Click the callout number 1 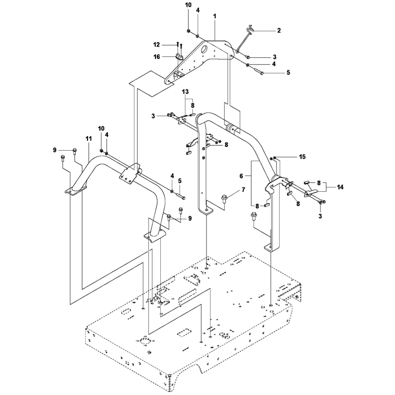point(215,17)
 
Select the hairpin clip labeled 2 point(249,36)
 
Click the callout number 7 point(243,190)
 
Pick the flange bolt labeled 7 point(225,197)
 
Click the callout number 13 point(185,92)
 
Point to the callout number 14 point(340,187)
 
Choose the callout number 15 point(302,157)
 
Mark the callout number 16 point(156,57)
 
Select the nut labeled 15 point(274,158)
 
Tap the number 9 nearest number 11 point(55,149)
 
